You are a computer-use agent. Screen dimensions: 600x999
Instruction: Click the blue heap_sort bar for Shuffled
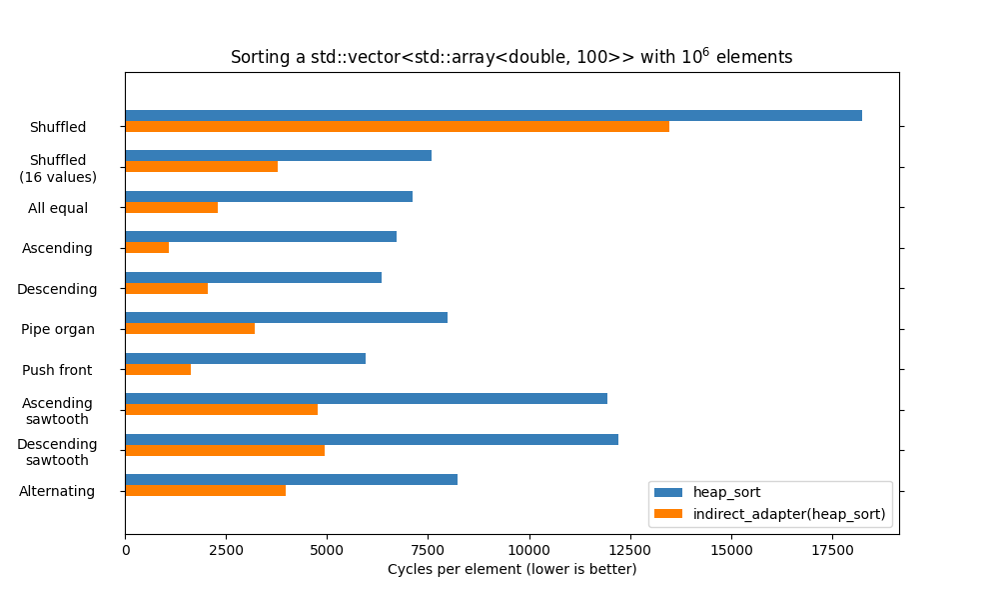[494, 116]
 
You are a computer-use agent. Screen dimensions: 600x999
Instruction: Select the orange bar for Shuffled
[397, 127]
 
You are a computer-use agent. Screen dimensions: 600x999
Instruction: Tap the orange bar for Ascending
[147, 248]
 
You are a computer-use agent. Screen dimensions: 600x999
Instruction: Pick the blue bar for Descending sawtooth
[372, 439]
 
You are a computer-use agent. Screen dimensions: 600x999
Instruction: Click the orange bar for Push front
[158, 369]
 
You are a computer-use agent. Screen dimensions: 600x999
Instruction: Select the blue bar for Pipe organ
[286, 317]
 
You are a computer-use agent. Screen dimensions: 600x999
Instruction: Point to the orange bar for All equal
[171, 207]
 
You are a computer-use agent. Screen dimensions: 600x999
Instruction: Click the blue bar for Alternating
[291, 479]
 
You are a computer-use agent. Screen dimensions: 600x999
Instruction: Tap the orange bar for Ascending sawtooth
[221, 409]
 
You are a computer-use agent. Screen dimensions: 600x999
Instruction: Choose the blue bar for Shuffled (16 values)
[278, 155]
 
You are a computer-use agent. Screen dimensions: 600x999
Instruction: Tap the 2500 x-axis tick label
[226, 549]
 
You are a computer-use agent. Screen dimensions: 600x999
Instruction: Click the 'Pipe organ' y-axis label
[58, 329]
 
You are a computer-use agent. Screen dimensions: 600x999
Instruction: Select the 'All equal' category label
[58, 208]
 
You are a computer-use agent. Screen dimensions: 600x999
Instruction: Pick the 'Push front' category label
[57, 370]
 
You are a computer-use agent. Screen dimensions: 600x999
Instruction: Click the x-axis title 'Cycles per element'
[511, 569]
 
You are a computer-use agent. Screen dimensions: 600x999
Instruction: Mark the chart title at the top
[511, 57]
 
